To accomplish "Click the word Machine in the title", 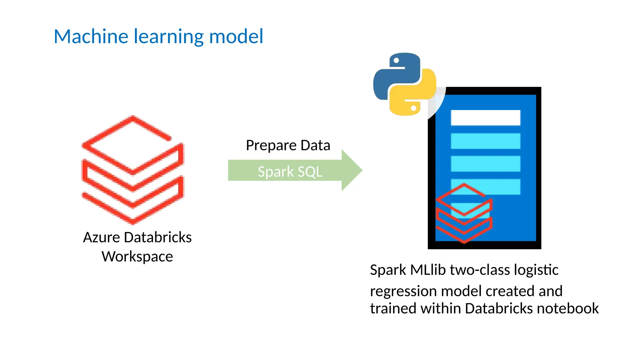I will coord(91,37).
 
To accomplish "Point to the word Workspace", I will coord(137,257).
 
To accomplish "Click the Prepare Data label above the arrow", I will coord(288,146).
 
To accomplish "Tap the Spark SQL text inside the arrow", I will coord(290,172).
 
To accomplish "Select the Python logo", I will coord(404,84).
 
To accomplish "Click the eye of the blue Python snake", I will coord(396,61).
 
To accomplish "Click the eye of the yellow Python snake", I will coord(413,108).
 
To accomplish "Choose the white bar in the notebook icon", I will coord(485,118).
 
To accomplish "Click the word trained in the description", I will coord(393,309).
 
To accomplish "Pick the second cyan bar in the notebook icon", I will coord(485,164).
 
